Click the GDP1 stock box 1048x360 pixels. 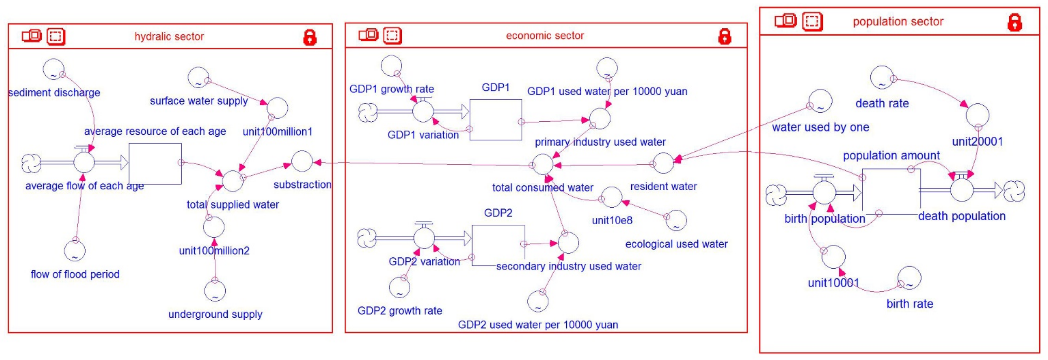495,120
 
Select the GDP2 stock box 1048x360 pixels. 498,245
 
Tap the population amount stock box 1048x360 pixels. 891,191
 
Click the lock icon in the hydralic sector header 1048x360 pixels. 309,37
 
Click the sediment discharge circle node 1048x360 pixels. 54,69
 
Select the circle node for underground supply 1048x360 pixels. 215,290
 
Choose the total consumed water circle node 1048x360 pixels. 543,164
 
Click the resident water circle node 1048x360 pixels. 663,163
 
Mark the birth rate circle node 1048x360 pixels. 909,278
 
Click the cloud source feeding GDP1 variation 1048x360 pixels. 368,112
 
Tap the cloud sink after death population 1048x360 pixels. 1014,191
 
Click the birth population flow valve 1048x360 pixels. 824,192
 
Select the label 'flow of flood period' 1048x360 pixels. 75,274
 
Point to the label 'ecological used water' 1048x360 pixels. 676,244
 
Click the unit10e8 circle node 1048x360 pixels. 611,197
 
